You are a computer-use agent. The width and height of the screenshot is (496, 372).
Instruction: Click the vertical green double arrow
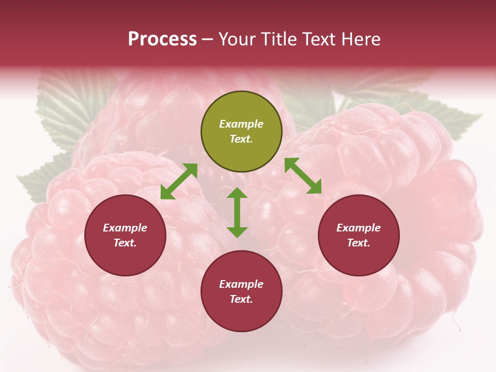[237, 212]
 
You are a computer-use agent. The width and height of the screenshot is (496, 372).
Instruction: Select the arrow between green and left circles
[179, 181]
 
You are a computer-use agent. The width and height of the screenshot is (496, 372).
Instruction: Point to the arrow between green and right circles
[303, 176]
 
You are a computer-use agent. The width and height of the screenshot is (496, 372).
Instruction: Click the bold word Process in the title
[162, 39]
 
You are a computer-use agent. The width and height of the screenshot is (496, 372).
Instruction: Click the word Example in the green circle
[241, 124]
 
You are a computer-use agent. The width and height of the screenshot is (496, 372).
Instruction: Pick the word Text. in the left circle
[125, 243]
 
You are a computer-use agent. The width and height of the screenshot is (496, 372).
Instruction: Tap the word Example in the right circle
[359, 228]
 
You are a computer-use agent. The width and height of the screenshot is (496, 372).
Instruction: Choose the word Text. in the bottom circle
[241, 299]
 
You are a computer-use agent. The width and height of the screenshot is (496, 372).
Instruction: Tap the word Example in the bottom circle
[241, 284]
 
